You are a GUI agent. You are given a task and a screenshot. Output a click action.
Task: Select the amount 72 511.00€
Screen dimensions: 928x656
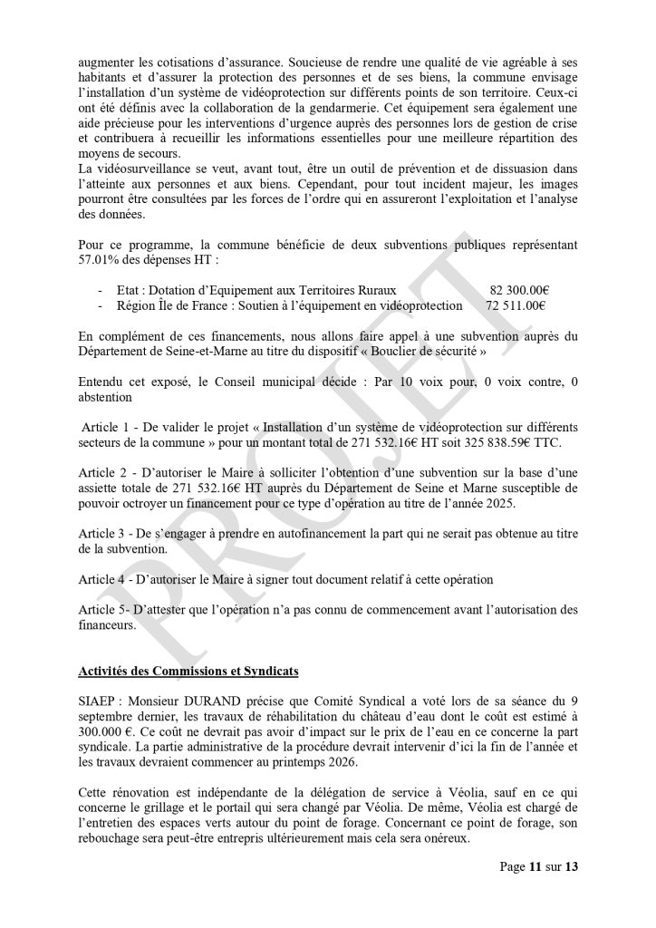pos(516,305)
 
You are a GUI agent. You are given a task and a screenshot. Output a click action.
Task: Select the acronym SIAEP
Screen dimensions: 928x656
pos(97,701)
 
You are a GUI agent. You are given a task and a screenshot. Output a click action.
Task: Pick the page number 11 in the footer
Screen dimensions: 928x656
pos(535,866)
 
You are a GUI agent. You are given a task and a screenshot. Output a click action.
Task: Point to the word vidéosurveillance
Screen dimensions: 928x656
pos(146,169)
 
